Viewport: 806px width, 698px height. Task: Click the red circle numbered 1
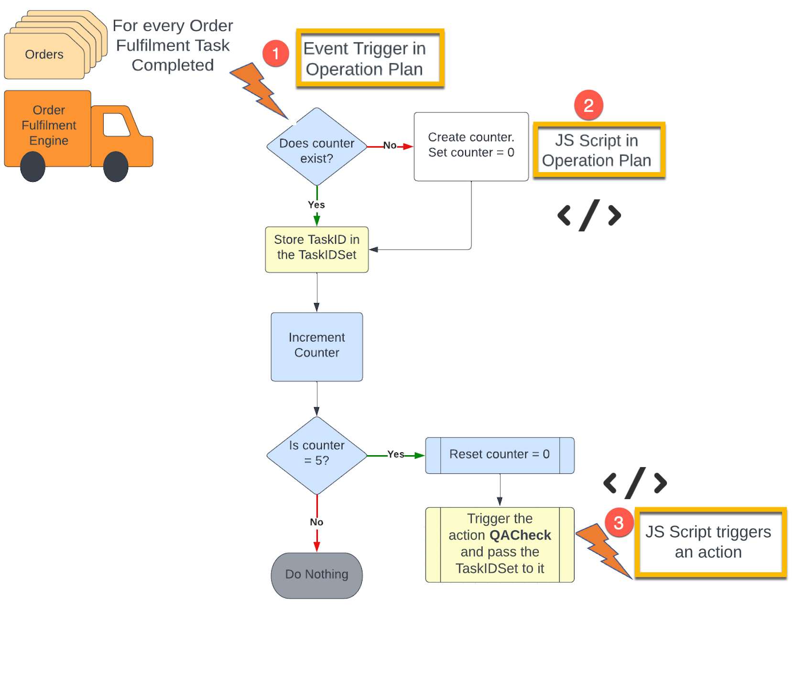click(275, 54)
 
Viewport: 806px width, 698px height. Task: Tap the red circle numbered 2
click(588, 105)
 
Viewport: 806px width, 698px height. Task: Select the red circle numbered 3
click(619, 523)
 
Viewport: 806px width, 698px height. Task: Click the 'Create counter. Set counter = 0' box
click(471, 146)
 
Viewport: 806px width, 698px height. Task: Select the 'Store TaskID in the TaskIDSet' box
click(316, 249)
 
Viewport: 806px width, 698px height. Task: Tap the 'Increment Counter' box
click(316, 347)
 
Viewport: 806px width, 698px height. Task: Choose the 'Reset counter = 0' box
click(500, 455)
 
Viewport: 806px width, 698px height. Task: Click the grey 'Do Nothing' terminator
click(316, 575)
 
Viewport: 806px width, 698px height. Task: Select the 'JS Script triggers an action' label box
click(710, 543)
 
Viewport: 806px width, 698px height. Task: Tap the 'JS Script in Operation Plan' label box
click(599, 150)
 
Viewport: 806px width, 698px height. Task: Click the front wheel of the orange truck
click(116, 167)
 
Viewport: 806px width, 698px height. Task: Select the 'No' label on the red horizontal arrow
click(390, 145)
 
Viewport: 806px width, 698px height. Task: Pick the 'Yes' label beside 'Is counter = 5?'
click(395, 454)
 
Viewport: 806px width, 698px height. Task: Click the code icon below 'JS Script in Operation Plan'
click(589, 215)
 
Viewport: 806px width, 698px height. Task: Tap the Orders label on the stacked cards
click(44, 55)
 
